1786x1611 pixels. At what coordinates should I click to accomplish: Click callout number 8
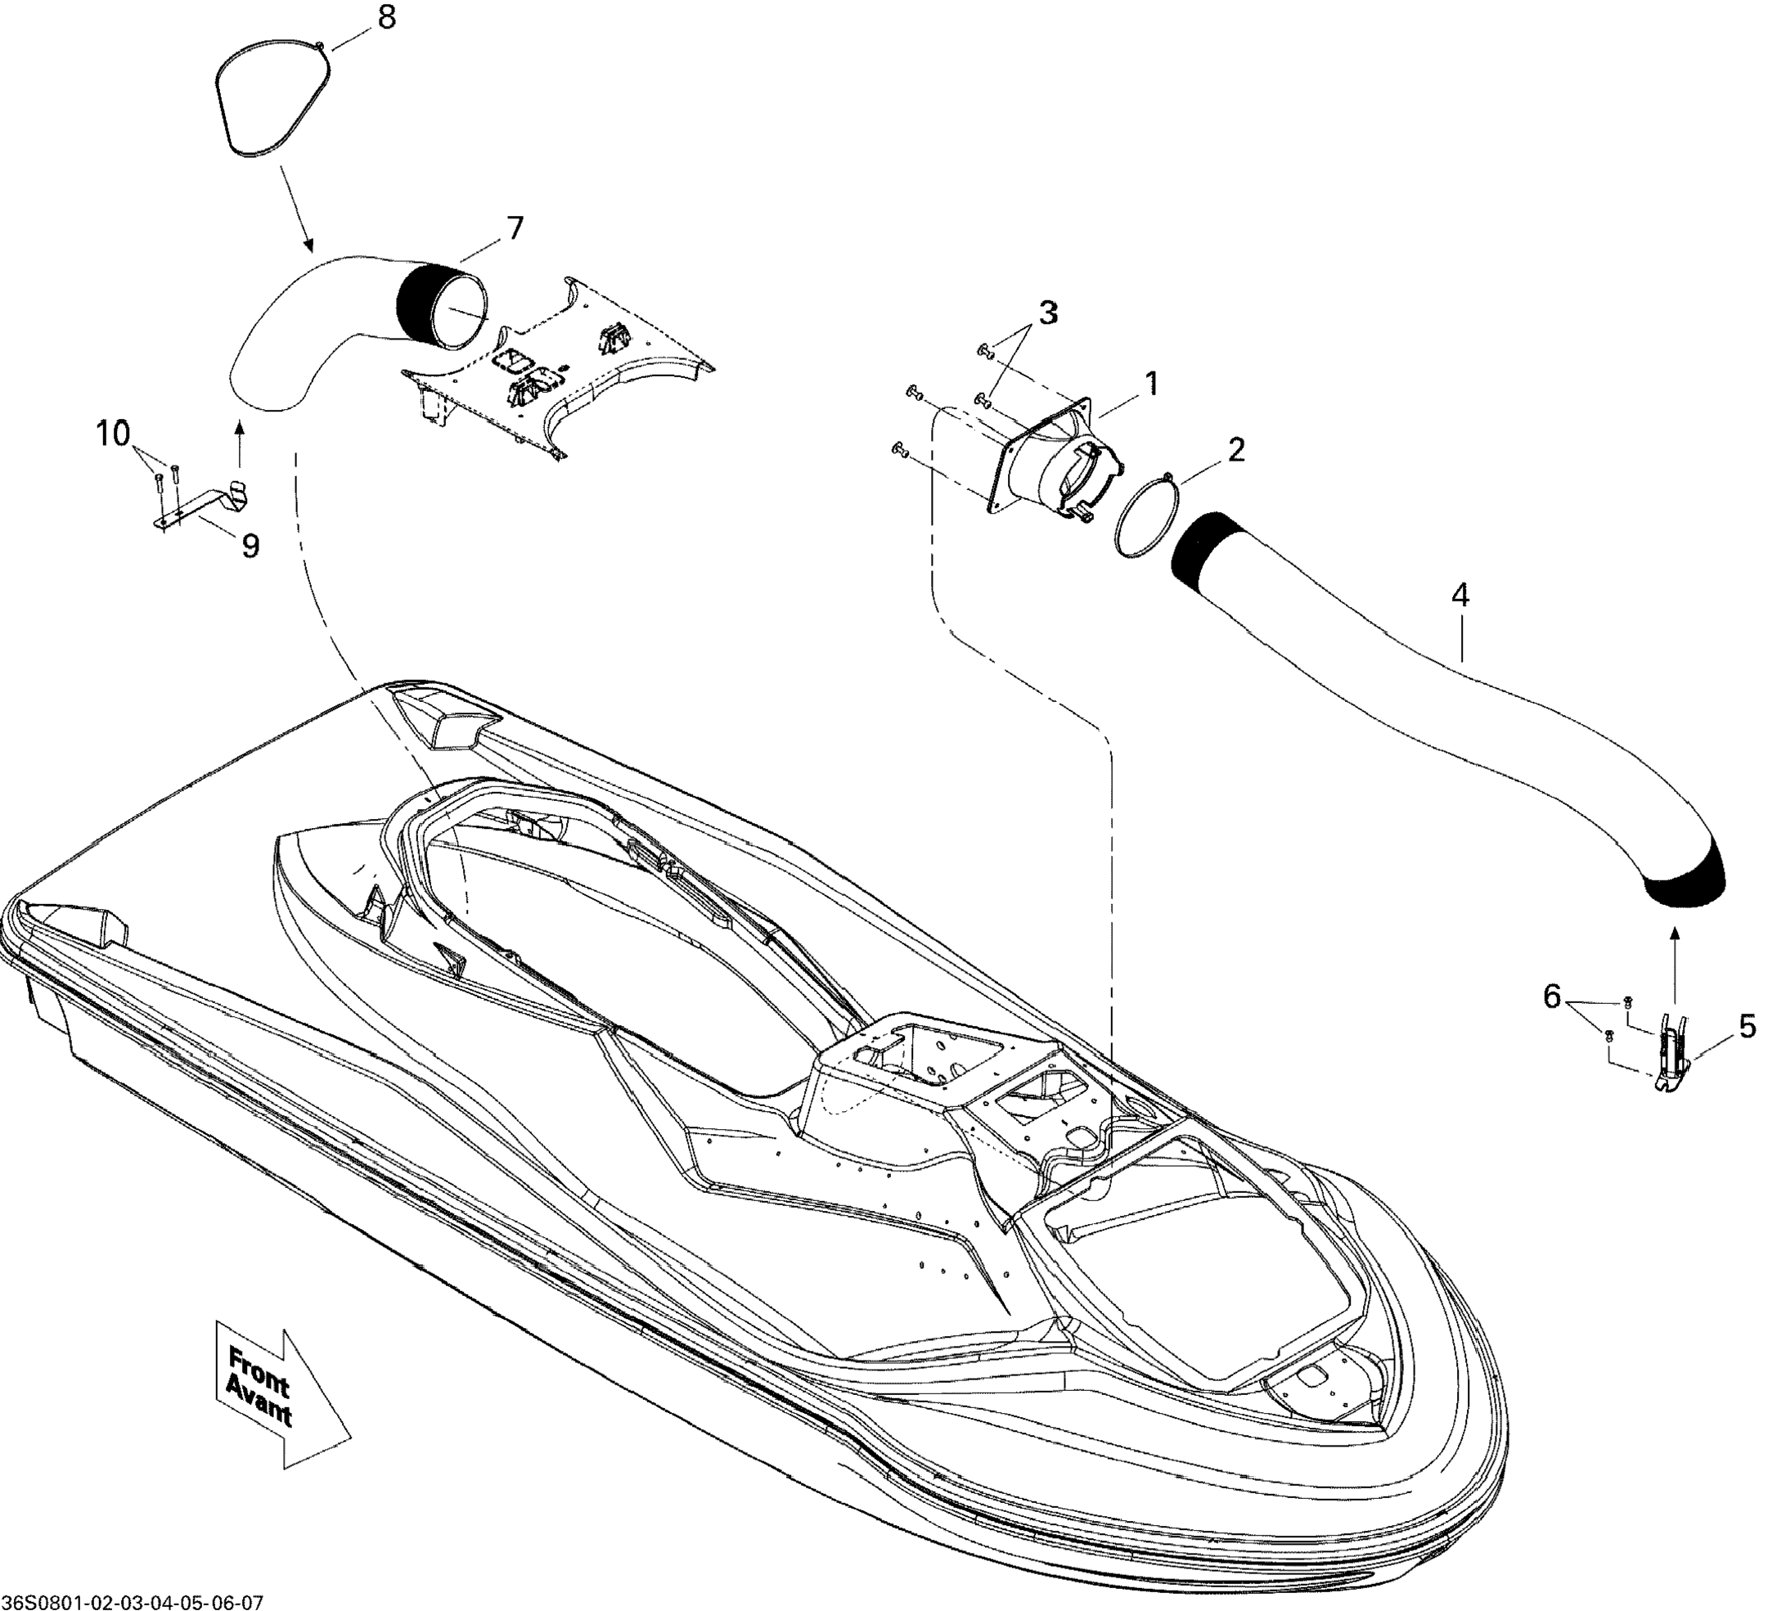point(387,18)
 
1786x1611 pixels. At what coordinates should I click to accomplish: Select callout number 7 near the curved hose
point(515,228)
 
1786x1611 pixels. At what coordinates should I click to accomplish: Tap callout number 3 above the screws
point(1048,313)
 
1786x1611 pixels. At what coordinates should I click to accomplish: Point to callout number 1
point(1151,385)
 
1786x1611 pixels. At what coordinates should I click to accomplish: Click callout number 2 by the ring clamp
point(1236,450)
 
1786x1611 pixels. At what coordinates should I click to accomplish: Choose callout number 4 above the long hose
point(1460,596)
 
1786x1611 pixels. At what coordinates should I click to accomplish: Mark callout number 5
point(1747,1026)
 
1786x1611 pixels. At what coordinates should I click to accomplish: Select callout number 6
point(1551,997)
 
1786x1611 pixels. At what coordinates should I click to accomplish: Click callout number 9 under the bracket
point(250,547)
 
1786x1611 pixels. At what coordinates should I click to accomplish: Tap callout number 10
point(113,434)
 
